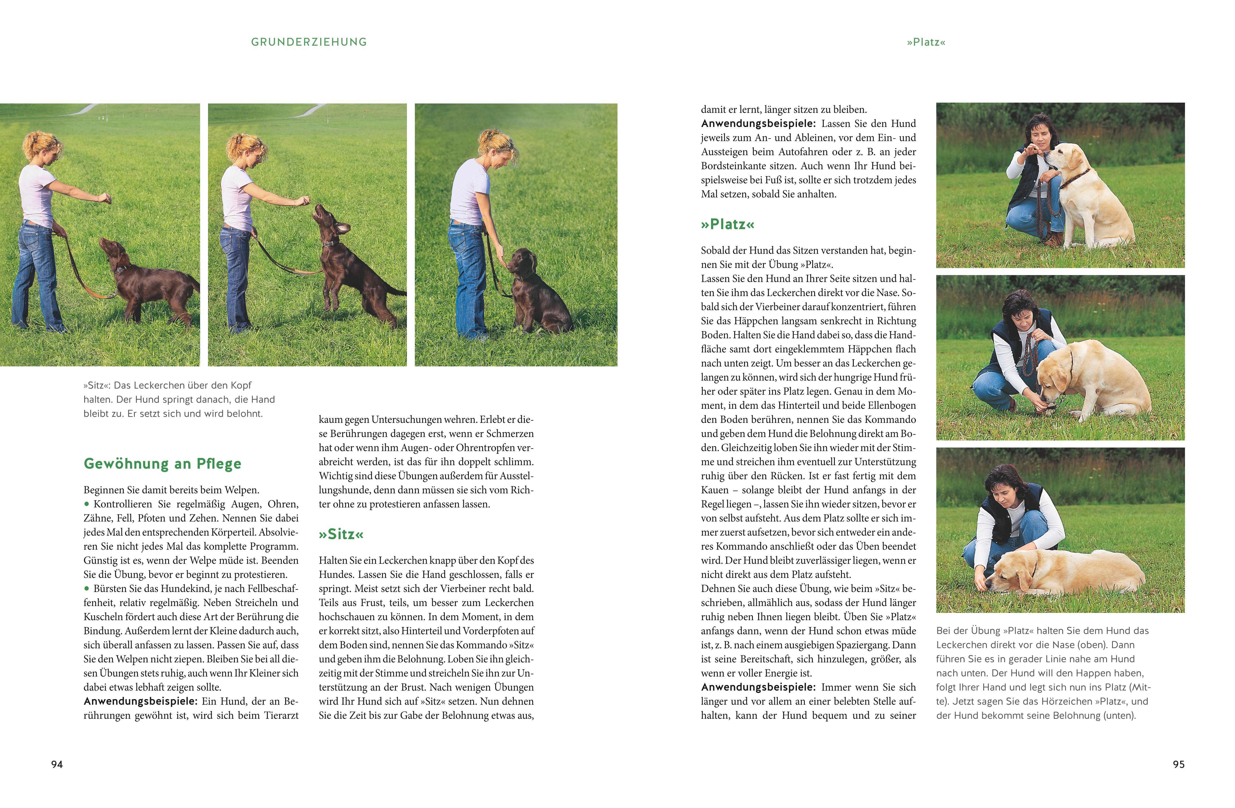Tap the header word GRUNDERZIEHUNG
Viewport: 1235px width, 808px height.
[309, 42]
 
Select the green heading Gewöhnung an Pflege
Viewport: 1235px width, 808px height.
[162, 463]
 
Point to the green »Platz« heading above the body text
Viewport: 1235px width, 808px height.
[727, 224]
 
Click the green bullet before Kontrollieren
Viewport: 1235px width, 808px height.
[87, 504]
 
